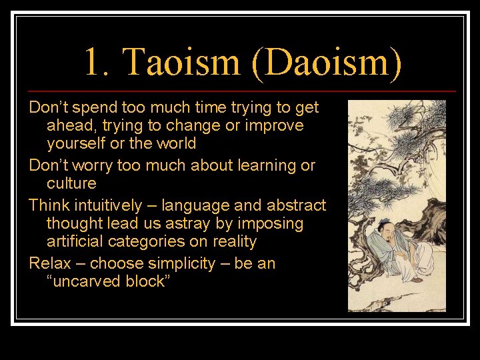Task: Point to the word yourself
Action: (77, 143)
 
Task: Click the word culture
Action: (71, 183)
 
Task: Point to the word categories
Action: (151, 241)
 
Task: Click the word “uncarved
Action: (83, 281)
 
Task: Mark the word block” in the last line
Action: (148, 281)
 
